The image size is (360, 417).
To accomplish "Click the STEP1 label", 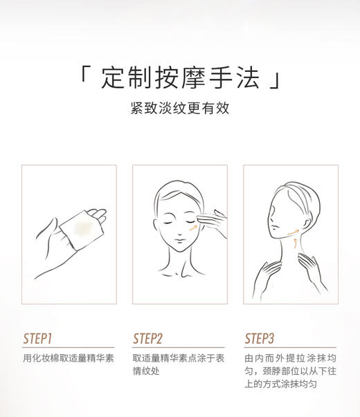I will pyautogui.click(x=37, y=338).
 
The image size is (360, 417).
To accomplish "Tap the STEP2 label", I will pyautogui.click(x=147, y=338).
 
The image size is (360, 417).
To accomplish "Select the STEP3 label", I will pyautogui.click(x=260, y=338).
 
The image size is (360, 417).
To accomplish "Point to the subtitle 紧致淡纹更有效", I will pyautogui.click(x=179, y=109).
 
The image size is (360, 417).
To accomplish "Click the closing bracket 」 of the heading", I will pyautogui.click(x=276, y=82).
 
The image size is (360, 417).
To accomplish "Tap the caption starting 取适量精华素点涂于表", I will pyautogui.click(x=179, y=358).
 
